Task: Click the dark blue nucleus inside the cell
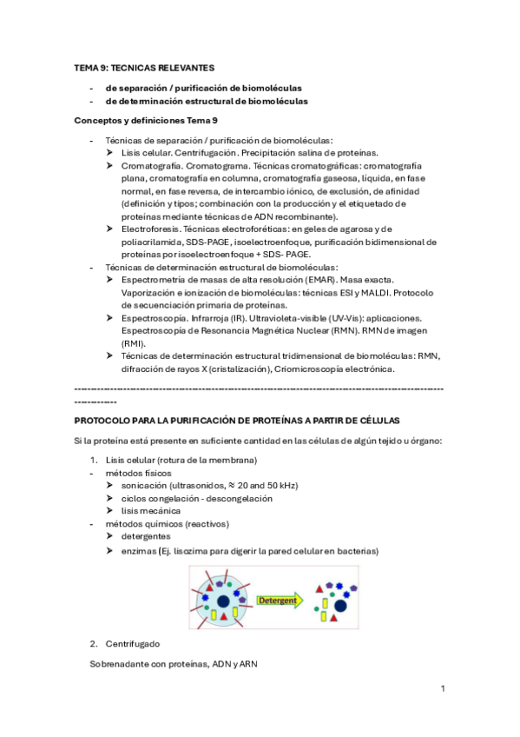pyautogui.click(x=223, y=601)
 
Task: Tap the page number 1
pyautogui.click(x=442, y=688)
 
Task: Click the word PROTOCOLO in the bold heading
pyautogui.click(x=102, y=420)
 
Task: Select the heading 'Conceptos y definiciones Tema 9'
pyautogui.click(x=146, y=119)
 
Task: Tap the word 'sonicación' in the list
pyautogui.click(x=145, y=485)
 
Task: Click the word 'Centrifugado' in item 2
pyautogui.click(x=134, y=644)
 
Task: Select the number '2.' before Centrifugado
pyautogui.click(x=95, y=644)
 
